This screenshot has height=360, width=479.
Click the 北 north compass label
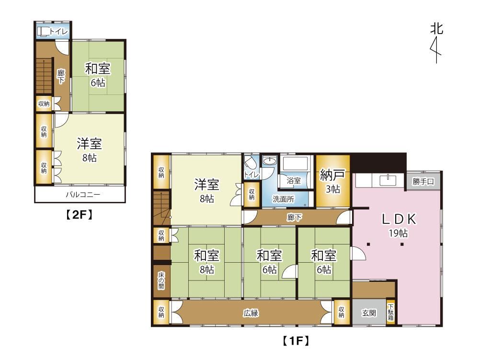pos(436,29)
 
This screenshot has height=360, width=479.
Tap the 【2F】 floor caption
pos(80,215)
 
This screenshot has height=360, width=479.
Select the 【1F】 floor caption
pos(296,341)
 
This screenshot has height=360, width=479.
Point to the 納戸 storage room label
pos(332,175)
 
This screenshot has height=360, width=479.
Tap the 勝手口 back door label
pos(423,182)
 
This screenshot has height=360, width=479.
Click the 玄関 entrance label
pos(369,313)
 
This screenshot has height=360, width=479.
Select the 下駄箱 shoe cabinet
pos(391,313)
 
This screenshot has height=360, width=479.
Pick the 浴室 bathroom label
pos(294,181)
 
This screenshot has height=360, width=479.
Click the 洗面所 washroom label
pos(284,199)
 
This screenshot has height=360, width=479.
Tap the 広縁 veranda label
pos(251,313)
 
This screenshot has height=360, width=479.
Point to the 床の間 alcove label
pos(161,280)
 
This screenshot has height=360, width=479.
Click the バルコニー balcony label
pos(83,194)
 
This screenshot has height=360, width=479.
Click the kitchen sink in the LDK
pos(388,180)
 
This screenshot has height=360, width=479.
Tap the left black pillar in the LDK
pos(368,244)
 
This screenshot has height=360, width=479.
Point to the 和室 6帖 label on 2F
pos(98,75)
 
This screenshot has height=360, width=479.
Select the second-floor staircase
pos(44,76)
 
